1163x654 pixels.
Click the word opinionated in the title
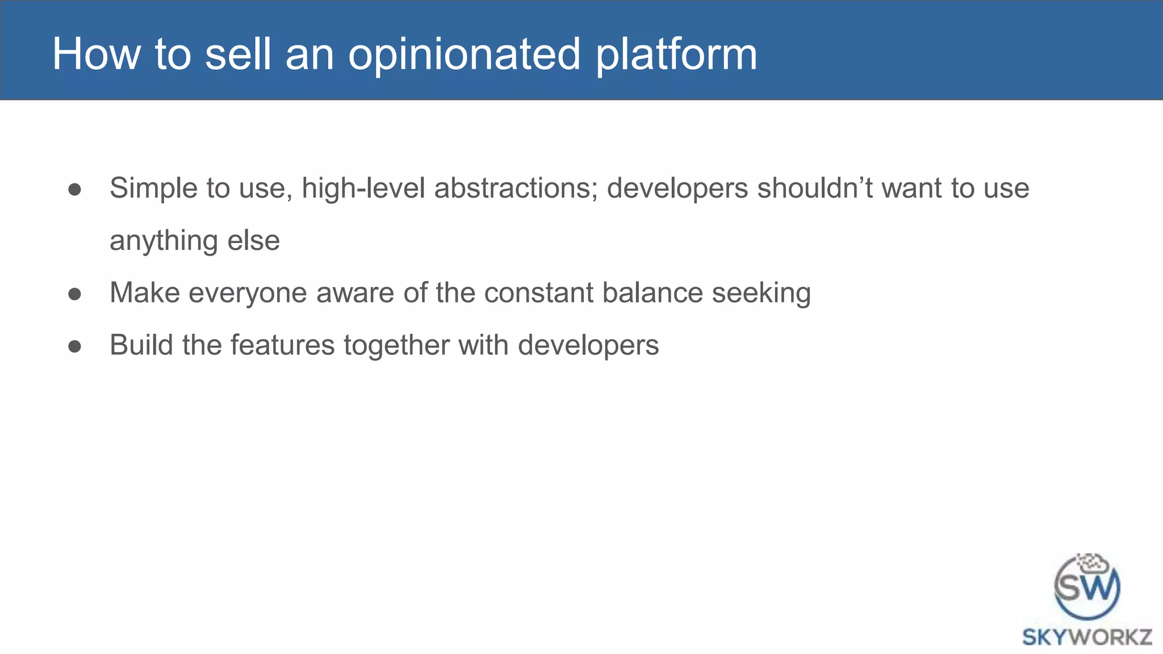pos(465,55)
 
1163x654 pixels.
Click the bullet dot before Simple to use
pos(74,190)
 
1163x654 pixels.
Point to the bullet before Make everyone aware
pos(74,294)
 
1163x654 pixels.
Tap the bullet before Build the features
pos(74,346)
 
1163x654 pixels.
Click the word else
pos(253,241)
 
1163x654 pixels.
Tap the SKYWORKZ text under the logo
pos(1087,637)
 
